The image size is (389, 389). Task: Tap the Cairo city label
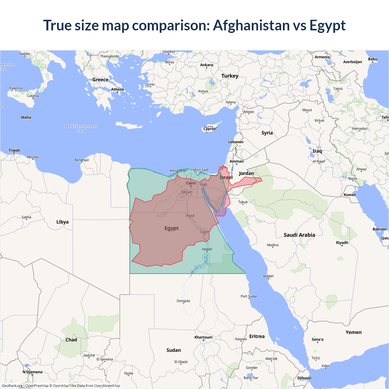point(191,183)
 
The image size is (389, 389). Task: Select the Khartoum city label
point(203,337)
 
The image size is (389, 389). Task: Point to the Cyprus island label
point(209,129)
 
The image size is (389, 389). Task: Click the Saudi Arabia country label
point(299,235)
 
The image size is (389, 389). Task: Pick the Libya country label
point(62,222)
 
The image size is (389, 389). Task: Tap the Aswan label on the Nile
point(207,249)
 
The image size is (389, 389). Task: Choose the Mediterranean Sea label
point(81,129)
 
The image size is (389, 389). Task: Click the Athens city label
point(117,89)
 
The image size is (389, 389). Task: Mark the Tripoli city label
point(14,150)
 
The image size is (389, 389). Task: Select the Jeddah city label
point(268,276)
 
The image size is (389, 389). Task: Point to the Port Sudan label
point(249,296)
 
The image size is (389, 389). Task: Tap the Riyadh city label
point(342,243)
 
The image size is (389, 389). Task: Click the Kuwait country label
point(349,195)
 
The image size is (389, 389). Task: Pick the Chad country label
point(71,340)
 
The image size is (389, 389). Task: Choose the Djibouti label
point(304,378)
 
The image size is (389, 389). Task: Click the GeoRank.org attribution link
point(12,386)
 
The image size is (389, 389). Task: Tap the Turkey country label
point(230,76)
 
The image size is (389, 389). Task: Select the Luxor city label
point(205,232)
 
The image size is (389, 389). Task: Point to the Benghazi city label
point(81,160)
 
